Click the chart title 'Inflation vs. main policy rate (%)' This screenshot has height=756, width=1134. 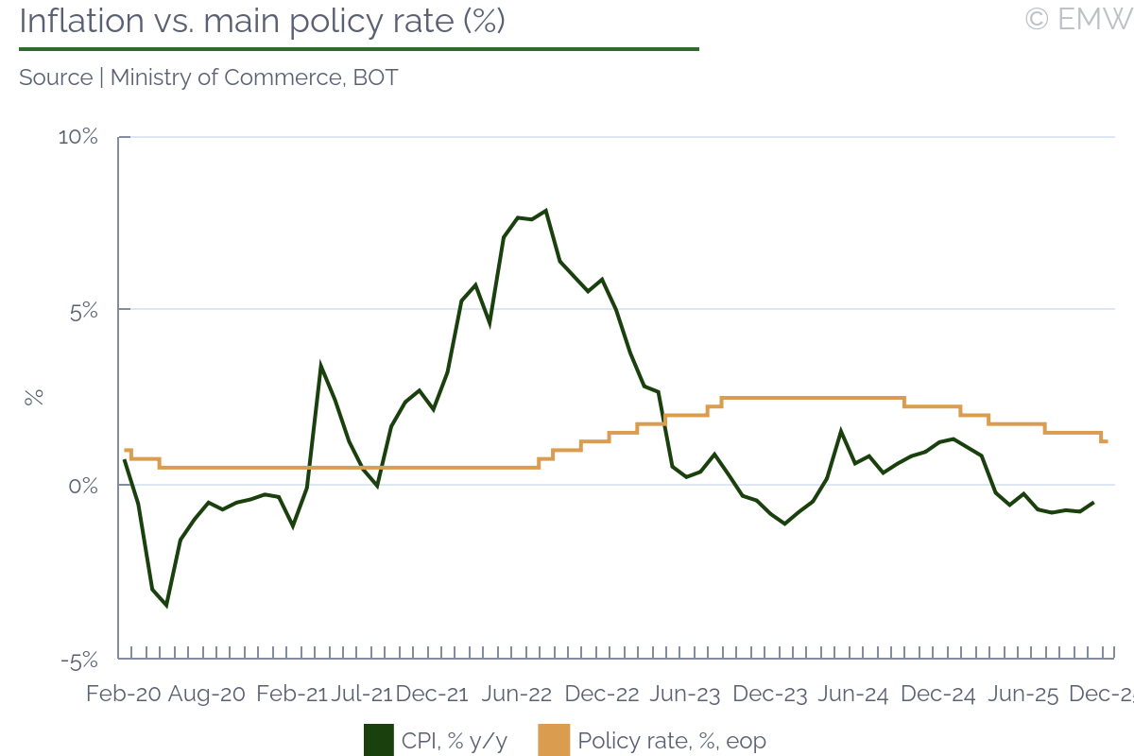[262, 22]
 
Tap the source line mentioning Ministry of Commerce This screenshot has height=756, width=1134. [208, 77]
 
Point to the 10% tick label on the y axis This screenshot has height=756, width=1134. [78, 137]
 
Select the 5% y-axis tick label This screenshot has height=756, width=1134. [85, 311]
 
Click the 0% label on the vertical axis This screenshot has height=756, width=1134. [85, 486]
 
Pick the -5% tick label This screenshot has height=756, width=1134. [80, 660]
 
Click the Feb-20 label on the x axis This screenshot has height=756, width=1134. [124, 694]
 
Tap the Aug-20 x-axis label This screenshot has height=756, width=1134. [207, 694]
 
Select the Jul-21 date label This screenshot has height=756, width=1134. [362, 694]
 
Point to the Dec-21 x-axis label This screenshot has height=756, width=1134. [432, 694]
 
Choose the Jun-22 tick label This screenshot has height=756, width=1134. [517, 694]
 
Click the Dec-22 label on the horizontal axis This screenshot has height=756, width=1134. [601, 694]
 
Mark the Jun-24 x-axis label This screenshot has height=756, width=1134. [853, 694]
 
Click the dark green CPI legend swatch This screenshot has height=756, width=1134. [378, 740]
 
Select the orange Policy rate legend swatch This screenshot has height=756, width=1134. [554, 740]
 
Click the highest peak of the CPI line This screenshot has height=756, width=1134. [545, 211]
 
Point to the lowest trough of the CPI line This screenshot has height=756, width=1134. [166, 605]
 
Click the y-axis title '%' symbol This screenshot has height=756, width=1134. [34, 398]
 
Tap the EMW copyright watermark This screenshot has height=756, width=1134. [1077, 19]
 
